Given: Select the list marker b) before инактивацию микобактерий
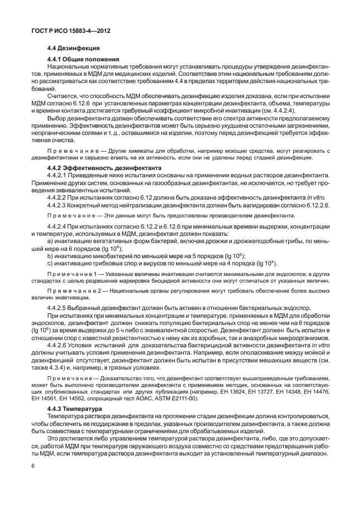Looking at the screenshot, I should (x=50, y=255).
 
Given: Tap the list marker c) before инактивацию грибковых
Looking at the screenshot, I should (x=50, y=263).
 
